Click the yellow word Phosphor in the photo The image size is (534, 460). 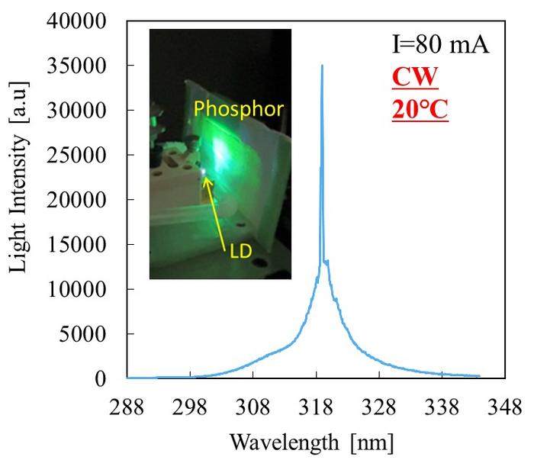(238, 110)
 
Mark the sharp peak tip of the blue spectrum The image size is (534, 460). (322, 66)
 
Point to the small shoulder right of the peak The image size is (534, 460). (327, 262)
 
